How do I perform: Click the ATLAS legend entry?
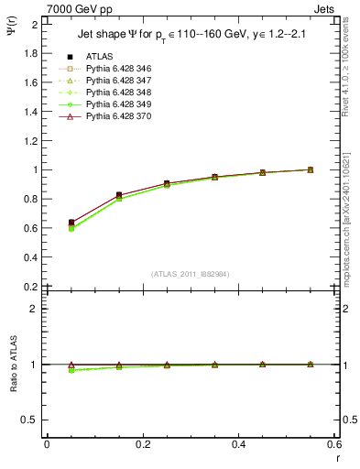100,56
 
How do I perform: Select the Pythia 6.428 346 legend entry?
116,69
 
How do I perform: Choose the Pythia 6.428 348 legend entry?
116,93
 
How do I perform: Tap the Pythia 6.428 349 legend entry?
116,104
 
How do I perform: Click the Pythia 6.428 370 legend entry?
116,117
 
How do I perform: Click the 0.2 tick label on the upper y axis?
30,287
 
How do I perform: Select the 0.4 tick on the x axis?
238,444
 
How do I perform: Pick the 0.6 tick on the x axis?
333,444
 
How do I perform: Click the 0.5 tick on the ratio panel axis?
30,420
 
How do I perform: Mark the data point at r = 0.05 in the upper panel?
71,223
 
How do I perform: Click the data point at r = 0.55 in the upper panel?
310,169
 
